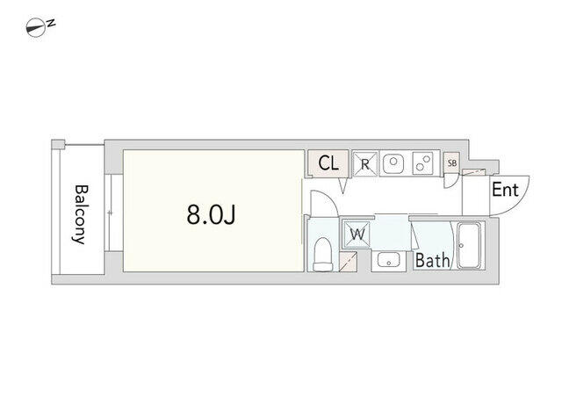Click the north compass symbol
point(36,27)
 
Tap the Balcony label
point(81,214)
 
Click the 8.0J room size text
point(211,215)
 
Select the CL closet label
point(328,163)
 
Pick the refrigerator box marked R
point(365,164)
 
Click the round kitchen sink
point(393,162)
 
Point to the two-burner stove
point(422,162)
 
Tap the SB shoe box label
point(452,162)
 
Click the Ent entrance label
point(505,190)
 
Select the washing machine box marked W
point(357,235)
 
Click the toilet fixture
point(322,254)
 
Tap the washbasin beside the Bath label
point(389,260)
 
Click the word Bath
point(432,261)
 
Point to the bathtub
point(470,246)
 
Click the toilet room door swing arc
point(324,203)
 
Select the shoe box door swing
point(450,181)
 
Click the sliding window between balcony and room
point(110,213)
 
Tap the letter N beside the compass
point(52,24)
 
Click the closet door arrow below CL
point(343,186)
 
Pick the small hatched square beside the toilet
point(348,262)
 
